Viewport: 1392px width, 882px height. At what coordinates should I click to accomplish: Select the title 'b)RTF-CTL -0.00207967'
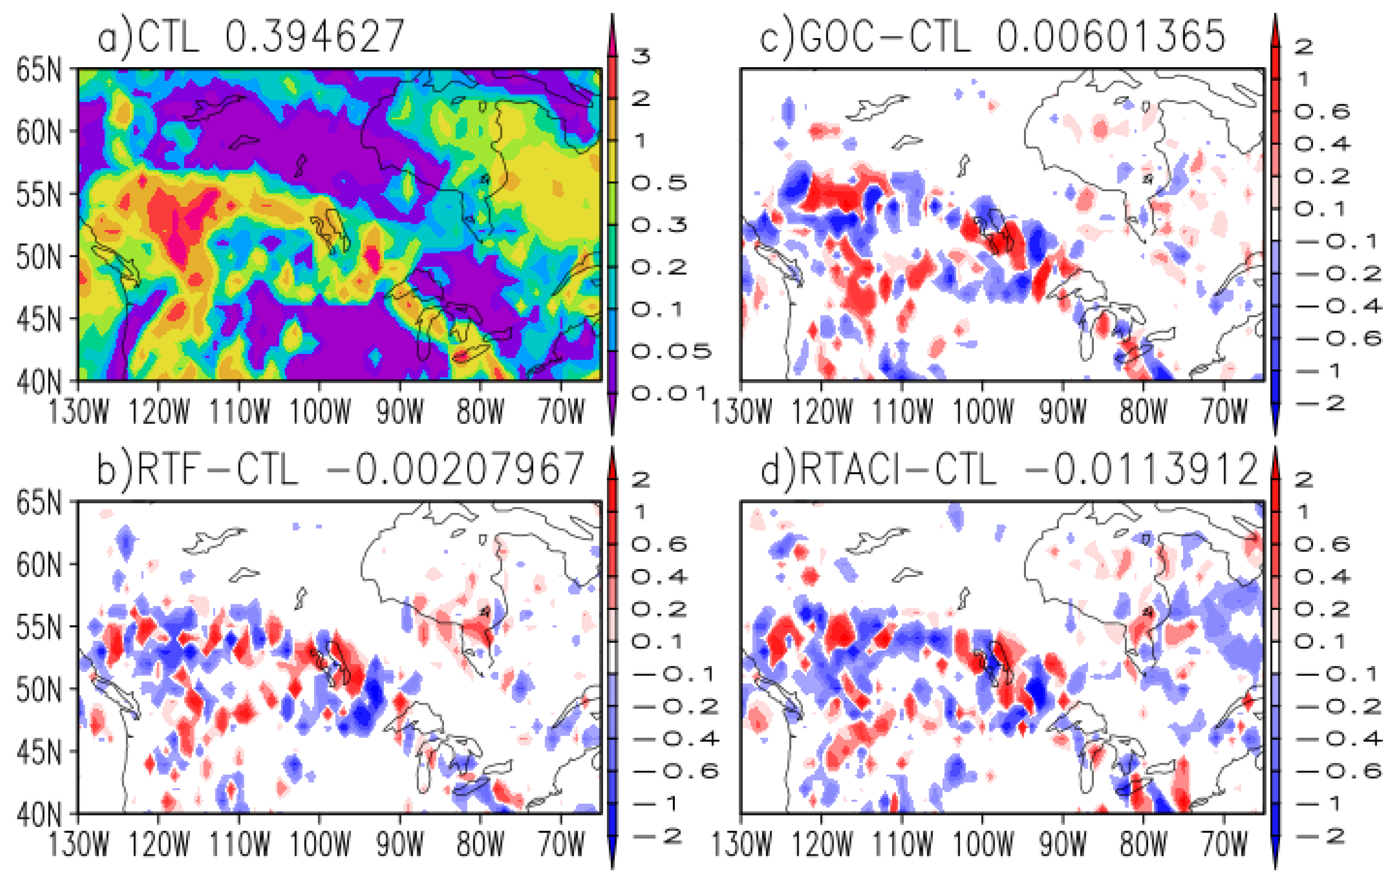340,469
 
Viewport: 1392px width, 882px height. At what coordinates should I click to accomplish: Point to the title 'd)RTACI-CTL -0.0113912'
1009,469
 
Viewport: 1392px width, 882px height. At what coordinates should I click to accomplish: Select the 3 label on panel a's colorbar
640,56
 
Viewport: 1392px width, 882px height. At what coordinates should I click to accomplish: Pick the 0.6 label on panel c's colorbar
1321,111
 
